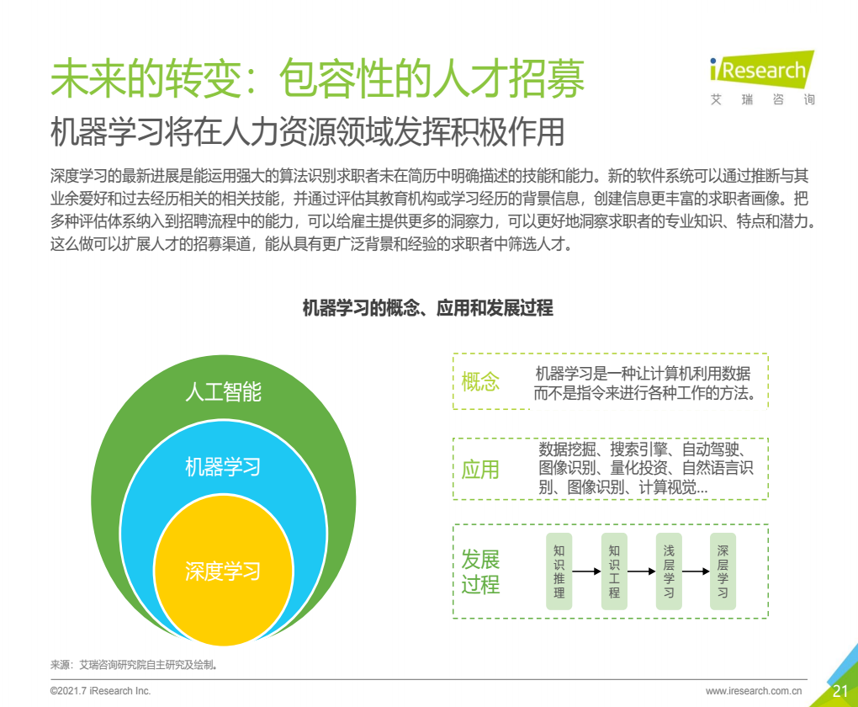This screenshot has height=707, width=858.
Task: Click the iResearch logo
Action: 762,77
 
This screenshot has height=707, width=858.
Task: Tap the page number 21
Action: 840,691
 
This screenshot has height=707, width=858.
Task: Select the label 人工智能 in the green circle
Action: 223,392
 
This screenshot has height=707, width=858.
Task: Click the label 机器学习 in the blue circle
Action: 223,467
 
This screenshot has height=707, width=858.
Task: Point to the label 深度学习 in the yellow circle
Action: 223,571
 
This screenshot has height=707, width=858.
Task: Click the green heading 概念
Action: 480,381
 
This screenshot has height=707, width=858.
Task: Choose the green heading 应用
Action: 480,470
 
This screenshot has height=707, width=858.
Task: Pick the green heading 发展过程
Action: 480,571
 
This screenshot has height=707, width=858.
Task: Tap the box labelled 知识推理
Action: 559,571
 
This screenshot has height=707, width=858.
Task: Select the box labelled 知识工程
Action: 614,571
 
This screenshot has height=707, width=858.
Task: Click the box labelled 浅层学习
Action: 669,571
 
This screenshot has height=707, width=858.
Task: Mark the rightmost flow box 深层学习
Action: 723,571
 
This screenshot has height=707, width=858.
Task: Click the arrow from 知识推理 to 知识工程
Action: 586,571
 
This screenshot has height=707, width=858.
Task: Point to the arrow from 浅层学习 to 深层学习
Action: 696,571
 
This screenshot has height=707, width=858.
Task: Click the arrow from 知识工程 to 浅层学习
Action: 641,571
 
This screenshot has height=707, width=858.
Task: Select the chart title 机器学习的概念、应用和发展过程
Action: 428,308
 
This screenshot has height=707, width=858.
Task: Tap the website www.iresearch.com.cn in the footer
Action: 754,691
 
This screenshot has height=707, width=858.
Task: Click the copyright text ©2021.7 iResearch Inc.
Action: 100,691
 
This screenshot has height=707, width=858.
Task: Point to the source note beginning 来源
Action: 135,665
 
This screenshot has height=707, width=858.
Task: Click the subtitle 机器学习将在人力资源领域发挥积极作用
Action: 308,132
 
